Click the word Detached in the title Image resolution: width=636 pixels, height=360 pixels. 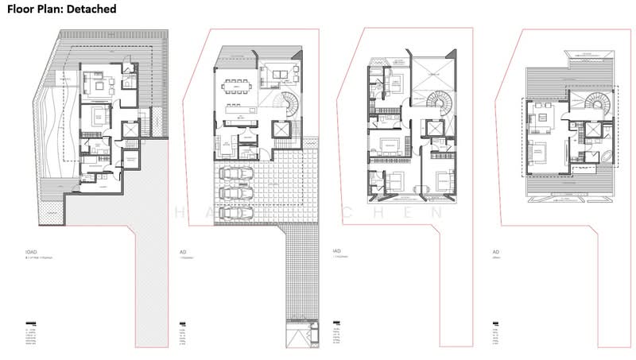[x=89, y=10]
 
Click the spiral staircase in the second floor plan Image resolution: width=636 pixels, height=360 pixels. [x=283, y=105]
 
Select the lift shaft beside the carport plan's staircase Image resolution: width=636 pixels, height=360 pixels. [x=281, y=131]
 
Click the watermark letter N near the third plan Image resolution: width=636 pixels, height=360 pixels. [x=434, y=212]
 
